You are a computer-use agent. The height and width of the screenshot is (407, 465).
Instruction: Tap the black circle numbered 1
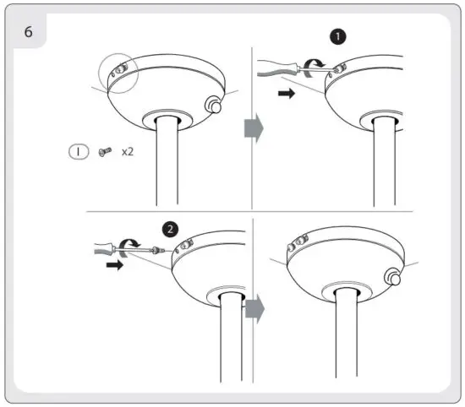(338, 37)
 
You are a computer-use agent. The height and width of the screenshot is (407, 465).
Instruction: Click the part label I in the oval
(77, 153)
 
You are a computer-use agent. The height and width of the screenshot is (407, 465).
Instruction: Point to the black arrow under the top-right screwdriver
(288, 95)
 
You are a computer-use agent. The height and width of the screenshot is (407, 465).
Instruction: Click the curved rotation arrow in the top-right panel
(318, 62)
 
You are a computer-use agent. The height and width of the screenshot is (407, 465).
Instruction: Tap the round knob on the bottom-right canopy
(391, 277)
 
